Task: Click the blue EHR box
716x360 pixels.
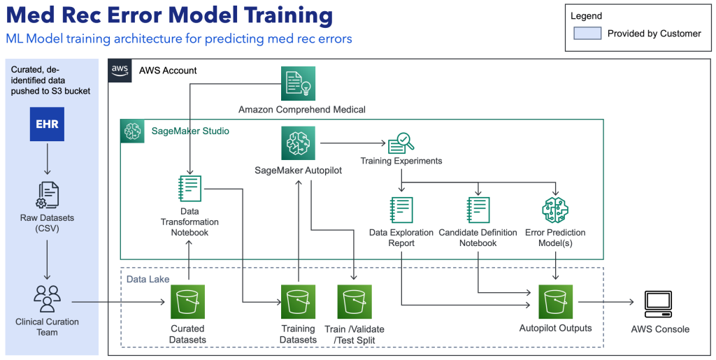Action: coord(48,125)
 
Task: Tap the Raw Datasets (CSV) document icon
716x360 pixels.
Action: coord(47,194)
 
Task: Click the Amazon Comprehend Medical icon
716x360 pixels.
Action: coord(299,84)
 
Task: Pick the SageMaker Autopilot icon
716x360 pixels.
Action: coord(299,144)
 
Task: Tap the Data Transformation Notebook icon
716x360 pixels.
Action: coord(189,189)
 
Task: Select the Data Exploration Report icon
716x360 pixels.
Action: coord(401,209)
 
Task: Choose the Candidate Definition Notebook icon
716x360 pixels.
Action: coord(478,209)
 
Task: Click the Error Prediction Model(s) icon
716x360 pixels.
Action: coord(555,209)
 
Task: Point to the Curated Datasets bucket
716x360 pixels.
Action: coord(188,302)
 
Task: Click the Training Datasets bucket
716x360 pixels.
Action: coord(299,302)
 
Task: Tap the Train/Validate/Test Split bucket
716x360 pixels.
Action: coord(355,302)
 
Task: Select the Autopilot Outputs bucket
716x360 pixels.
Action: coord(555,302)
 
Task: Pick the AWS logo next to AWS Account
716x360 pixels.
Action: coord(120,70)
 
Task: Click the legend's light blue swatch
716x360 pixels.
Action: coord(587,34)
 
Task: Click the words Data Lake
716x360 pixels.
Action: coord(145,279)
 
